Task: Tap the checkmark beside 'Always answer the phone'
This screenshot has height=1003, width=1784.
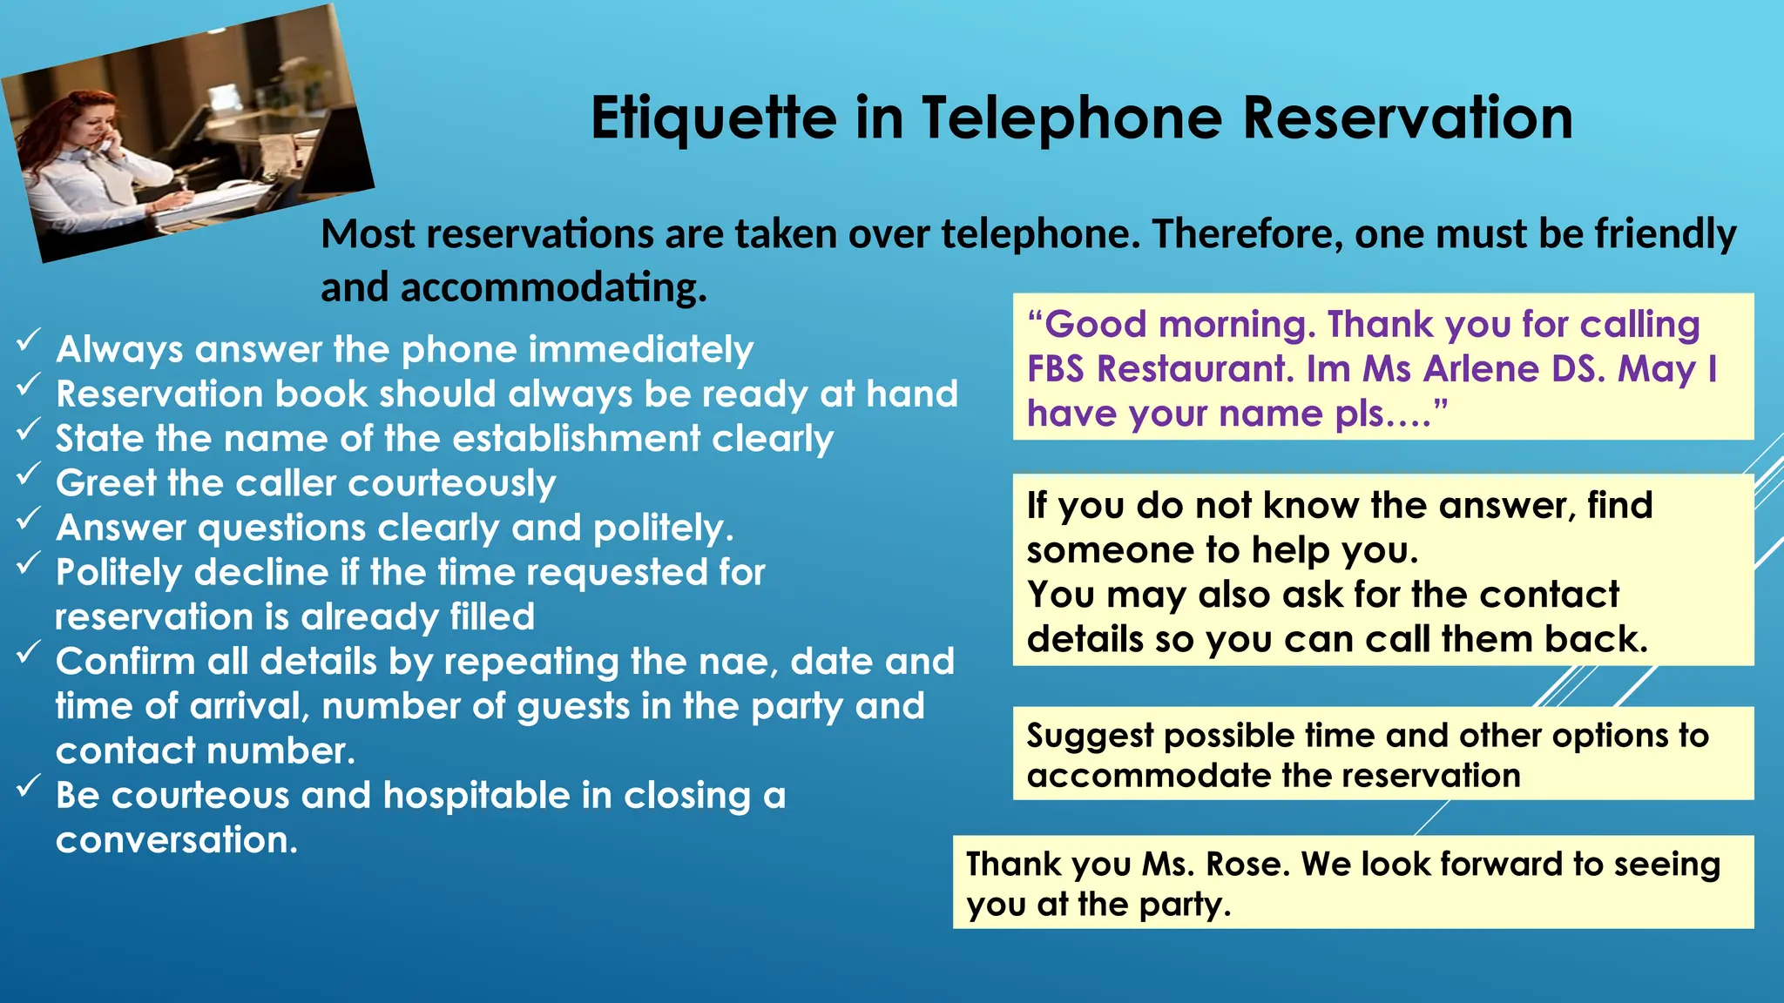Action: coord(28,340)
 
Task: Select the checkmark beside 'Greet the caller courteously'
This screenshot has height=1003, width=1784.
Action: coord(28,474)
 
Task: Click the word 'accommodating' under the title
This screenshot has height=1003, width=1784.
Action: coord(552,287)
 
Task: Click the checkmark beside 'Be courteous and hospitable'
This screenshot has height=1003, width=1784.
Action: coord(28,786)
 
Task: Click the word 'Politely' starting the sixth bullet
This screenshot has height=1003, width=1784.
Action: coord(118,573)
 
